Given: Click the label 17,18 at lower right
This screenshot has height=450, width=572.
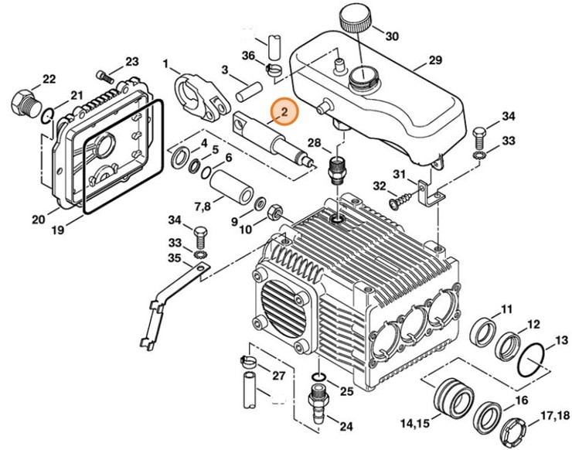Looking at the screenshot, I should (x=554, y=416).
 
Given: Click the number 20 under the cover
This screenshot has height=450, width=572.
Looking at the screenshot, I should (x=39, y=220).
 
